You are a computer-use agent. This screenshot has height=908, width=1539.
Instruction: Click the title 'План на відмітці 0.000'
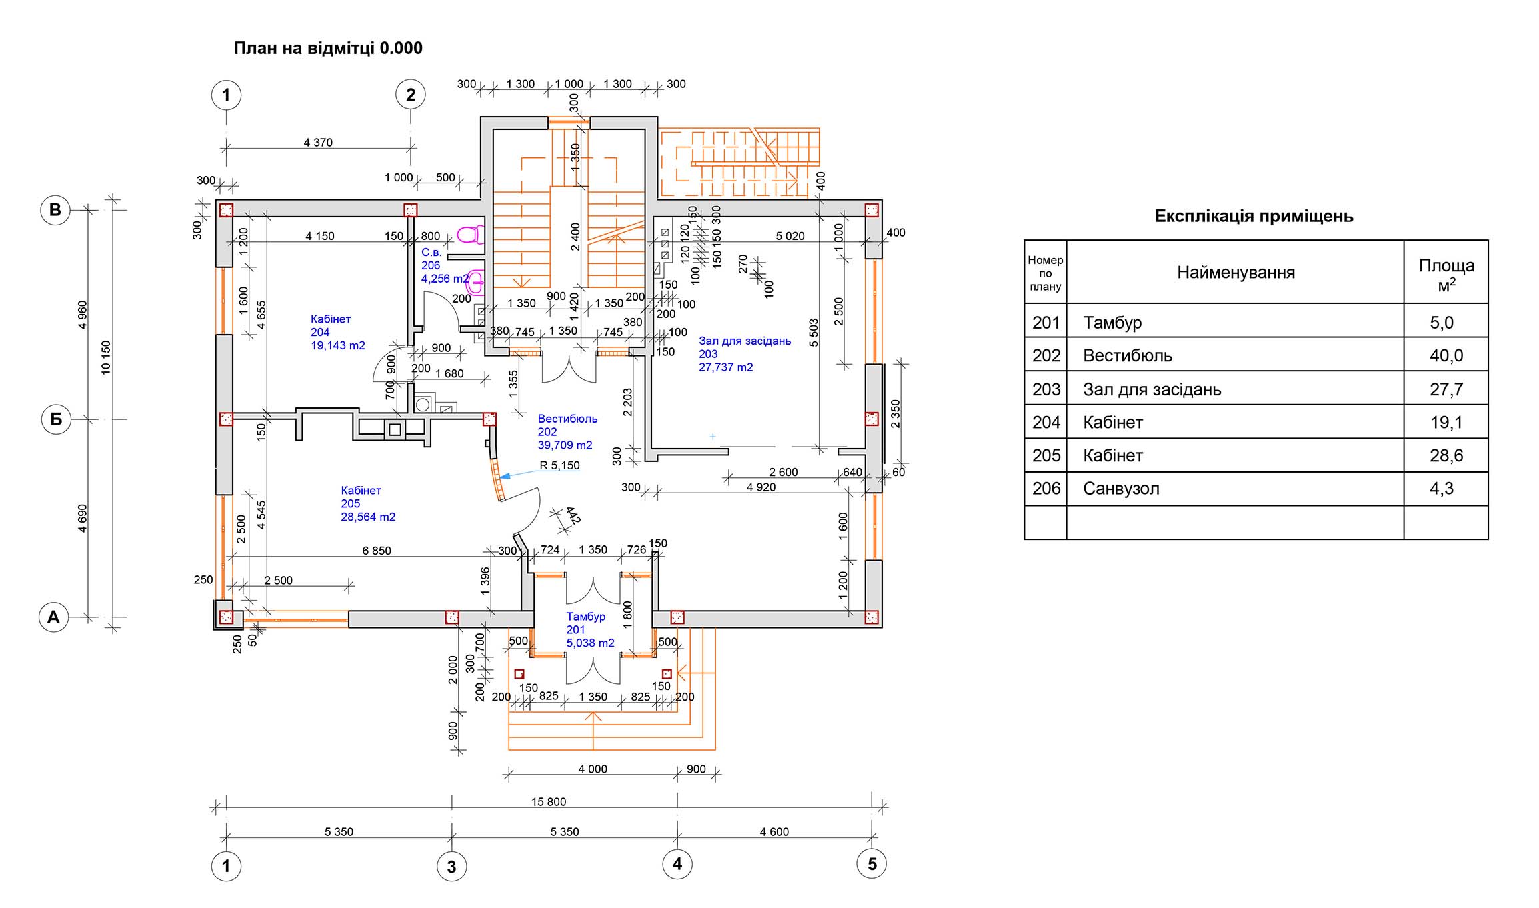[327, 49]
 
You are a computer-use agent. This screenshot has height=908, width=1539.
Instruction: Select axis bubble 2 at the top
[411, 95]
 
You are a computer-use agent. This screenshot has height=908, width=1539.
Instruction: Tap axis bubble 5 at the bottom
[872, 864]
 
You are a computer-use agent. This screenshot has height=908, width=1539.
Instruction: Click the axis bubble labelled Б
[56, 419]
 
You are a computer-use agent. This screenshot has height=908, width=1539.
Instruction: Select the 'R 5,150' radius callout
[559, 465]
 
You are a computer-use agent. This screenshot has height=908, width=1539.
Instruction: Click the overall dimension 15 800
[548, 801]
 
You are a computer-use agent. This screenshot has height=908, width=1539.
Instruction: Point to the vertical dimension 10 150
[106, 357]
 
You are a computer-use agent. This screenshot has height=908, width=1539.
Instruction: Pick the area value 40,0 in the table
[1446, 355]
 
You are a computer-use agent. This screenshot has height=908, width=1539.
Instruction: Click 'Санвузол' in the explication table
[1121, 489]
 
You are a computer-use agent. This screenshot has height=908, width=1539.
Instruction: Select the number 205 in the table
[1046, 455]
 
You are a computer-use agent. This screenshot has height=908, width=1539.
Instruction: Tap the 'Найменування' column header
[1236, 272]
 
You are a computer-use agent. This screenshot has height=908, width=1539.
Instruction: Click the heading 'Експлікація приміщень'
[1254, 216]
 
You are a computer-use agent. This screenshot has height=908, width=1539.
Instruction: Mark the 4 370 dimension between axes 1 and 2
[318, 142]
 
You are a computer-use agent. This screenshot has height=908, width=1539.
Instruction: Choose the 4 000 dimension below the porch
[592, 769]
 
